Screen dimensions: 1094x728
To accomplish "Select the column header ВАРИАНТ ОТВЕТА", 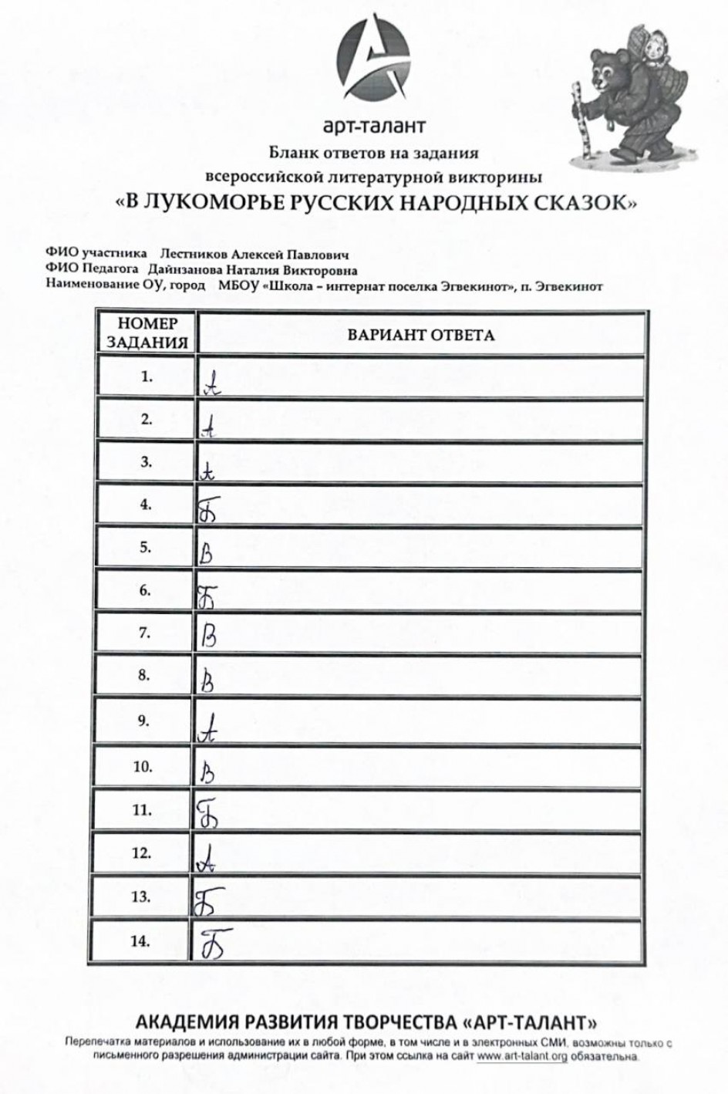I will coord(420,335).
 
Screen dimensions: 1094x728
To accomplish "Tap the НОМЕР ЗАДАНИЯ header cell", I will coord(147,333).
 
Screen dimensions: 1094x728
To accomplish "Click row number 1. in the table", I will coord(147,377).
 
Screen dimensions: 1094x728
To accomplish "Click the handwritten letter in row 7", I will coord(208,636).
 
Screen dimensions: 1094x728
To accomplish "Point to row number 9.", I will coord(143,721).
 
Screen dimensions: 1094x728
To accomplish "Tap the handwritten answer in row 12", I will coord(204,859).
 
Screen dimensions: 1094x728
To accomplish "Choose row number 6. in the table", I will coord(145,590).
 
